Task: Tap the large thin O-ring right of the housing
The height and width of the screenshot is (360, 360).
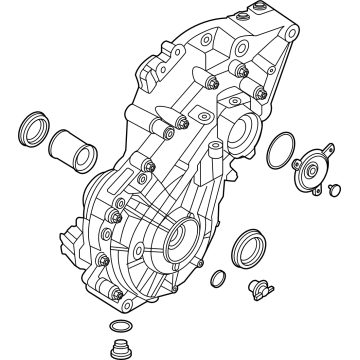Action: [x=279, y=149]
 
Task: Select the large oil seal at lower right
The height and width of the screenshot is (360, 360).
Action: [x=248, y=246]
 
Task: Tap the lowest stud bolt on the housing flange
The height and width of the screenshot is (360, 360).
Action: [x=117, y=294]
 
